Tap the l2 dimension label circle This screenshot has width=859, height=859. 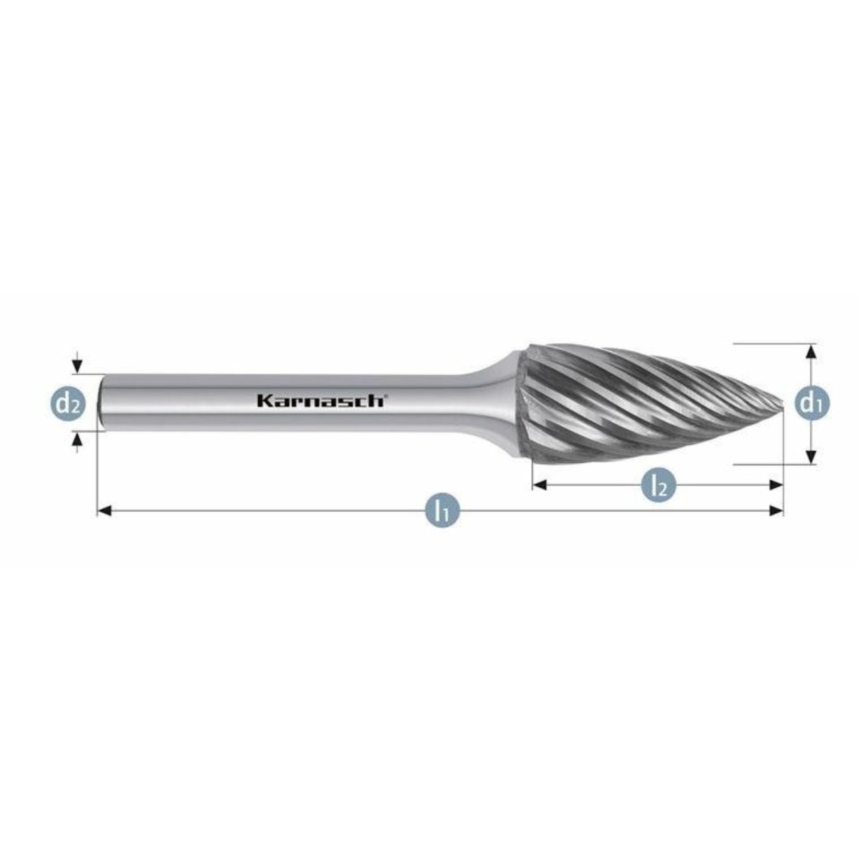click(659, 485)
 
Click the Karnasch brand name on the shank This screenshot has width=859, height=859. click(320, 401)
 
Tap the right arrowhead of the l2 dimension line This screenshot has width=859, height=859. click(776, 485)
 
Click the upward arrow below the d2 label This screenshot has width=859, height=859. click(77, 438)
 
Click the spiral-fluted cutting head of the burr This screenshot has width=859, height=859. click(636, 404)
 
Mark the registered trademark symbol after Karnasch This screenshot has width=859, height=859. click(385, 395)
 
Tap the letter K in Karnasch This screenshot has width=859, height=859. click(263, 401)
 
